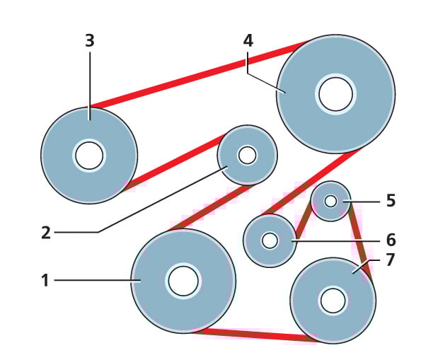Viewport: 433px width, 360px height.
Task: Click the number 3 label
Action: (x=89, y=41)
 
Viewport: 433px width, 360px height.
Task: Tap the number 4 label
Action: (x=248, y=40)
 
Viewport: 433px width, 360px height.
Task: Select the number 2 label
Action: (x=46, y=233)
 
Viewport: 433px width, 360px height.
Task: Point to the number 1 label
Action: (x=45, y=281)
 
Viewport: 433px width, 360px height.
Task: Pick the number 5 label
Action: (x=391, y=201)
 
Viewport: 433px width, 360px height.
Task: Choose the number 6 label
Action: (x=391, y=240)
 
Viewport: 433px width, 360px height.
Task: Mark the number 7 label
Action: (x=391, y=260)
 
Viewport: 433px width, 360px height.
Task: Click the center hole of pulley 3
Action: (x=89, y=156)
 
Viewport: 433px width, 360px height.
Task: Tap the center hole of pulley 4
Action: (x=335, y=94)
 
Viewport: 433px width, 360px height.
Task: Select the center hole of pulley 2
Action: (x=247, y=155)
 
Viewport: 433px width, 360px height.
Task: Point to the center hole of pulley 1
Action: (x=183, y=281)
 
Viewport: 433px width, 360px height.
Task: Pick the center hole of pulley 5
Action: (x=330, y=201)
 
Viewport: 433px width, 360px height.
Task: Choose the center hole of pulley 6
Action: (x=270, y=240)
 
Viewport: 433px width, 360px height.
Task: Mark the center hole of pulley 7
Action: (x=333, y=301)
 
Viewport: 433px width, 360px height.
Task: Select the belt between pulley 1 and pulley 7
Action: (x=255, y=335)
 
